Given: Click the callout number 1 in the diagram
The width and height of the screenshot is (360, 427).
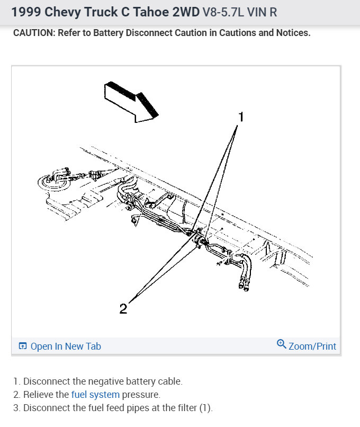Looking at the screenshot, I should (x=240, y=117).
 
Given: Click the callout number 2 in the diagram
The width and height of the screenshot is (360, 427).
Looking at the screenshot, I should (x=123, y=308).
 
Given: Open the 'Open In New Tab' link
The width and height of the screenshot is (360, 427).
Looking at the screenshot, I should (x=66, y=346).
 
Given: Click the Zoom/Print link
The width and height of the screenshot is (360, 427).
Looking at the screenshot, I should (x=312, y=346).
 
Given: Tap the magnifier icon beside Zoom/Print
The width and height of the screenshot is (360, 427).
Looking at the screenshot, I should (x=282, y=344).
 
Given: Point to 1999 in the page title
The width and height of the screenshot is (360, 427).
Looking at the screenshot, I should (x=25, y=11).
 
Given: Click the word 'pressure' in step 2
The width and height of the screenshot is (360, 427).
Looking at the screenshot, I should (x=141, y=394).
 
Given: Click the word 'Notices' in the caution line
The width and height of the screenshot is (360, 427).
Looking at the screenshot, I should (x=292, y=33).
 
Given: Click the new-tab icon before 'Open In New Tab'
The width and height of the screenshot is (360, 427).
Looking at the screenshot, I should (x=23, y=346).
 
